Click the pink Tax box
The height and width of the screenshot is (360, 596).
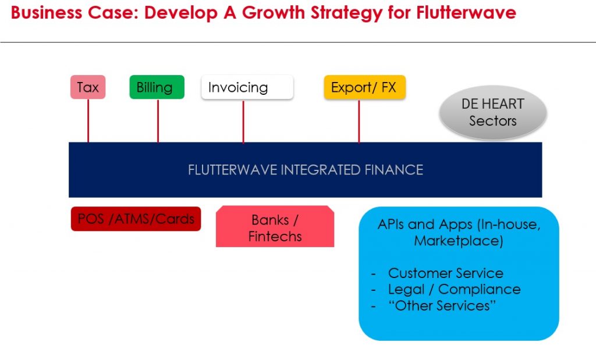88,88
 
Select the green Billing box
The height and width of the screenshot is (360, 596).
157,87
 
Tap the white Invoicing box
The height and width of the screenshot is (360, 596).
247,88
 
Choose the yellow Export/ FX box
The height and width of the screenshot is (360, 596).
364,87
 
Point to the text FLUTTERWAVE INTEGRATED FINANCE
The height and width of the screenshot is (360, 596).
305,170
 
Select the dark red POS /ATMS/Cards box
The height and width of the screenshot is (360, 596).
136,219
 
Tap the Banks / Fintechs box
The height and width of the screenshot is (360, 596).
275,228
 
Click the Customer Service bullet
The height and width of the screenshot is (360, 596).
445,273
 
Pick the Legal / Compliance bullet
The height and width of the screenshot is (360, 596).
454,289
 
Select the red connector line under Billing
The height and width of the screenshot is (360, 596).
158,120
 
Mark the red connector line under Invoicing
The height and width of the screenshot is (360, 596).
243,120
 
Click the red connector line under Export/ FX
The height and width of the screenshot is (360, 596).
359,120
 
